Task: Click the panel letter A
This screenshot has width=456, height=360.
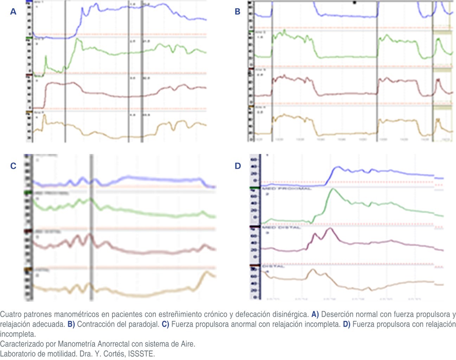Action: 13,12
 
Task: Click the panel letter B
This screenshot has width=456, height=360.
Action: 238,12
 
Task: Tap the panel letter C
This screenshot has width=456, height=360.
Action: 13,166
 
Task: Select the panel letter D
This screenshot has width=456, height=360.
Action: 238,166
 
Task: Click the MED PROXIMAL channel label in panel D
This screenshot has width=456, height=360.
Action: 287,189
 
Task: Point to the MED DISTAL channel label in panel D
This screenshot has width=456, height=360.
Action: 281,228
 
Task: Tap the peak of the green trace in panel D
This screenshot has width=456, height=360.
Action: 332,189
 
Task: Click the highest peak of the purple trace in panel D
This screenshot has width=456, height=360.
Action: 330,229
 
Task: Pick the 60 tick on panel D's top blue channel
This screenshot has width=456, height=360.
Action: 254,160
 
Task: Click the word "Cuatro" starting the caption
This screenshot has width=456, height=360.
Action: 9,314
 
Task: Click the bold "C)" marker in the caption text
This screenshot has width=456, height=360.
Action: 165,324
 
